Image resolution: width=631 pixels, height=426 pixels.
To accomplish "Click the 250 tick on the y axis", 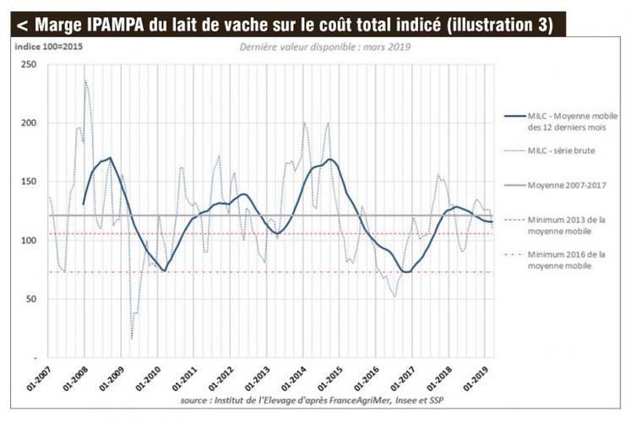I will (30, 64).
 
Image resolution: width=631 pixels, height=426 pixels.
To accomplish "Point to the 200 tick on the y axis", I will (30, 123).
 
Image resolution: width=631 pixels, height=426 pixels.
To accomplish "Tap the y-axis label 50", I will (32, 299).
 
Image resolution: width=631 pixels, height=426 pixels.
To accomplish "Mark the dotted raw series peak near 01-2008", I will (85, 81).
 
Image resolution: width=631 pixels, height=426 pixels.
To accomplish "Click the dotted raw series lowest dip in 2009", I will (132, 338).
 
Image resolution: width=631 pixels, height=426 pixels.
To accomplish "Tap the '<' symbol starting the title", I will (19, 25).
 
